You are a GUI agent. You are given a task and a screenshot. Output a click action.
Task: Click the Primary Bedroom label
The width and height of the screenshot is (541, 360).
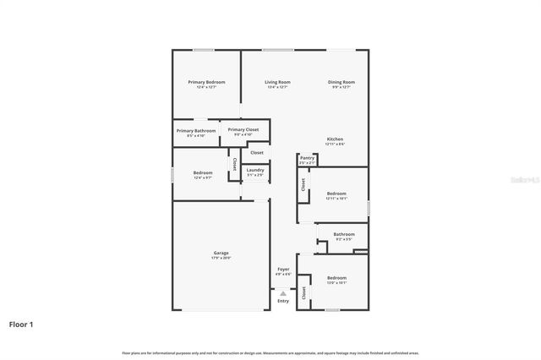[206, 82]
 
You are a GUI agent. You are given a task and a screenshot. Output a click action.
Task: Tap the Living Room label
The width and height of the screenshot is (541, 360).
[277, 82]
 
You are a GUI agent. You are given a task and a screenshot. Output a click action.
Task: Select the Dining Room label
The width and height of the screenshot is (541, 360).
[342, 82]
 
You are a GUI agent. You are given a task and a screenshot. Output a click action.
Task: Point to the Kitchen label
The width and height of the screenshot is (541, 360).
[336, 139]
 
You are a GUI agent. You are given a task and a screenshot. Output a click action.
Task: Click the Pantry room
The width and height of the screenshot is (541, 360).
[307, 158]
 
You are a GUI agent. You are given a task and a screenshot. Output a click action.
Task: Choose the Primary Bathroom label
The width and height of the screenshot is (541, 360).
[196, 131]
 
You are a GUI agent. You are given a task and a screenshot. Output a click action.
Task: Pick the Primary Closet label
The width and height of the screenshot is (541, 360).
[243, 130]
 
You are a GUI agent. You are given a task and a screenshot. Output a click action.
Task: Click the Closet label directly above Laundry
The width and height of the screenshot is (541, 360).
[256, 152]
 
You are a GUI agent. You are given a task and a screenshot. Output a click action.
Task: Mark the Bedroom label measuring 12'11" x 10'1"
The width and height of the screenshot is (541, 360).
[336, 194]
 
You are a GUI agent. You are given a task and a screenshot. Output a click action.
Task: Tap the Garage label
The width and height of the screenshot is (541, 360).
[221, 253]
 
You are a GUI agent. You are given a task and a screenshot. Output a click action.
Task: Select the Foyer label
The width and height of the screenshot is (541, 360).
[283, 269]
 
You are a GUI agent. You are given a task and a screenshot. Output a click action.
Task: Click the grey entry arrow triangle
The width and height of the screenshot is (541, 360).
[283, 293]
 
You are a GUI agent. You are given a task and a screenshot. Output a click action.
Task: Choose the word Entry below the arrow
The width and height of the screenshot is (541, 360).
[283, 301]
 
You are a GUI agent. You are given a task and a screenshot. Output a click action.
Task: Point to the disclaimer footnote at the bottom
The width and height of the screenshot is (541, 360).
[270, 352]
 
